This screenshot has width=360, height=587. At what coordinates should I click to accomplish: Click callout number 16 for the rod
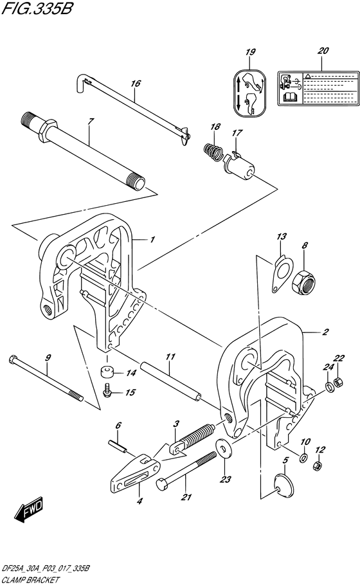[x=135, y=84]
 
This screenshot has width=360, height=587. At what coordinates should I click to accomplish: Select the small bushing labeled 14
[x=107, y=373]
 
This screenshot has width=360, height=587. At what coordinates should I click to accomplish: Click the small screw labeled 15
[x=109, y=390]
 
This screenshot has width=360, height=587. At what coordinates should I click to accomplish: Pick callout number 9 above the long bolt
[x=48, y=357]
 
